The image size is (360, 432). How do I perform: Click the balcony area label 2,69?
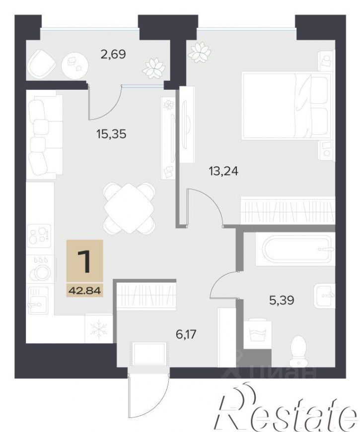point(113,54)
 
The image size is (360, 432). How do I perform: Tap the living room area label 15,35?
point(111,134)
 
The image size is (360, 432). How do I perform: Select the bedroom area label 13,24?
point(223,172)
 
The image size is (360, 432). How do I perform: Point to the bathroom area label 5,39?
point(282,300)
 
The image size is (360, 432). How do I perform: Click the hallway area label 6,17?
point(186,334)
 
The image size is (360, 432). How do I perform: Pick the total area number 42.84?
point(85,290)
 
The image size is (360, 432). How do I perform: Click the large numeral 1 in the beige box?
point(84,262)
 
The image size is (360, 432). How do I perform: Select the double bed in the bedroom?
point(287,106)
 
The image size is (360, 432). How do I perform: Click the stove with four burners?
point(39,234)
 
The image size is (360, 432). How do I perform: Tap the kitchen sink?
point(38,299)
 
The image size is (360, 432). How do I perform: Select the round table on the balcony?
point(75,65)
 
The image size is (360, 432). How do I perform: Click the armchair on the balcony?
point(42,64)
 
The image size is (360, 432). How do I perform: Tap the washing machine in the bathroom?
point(255,333)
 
